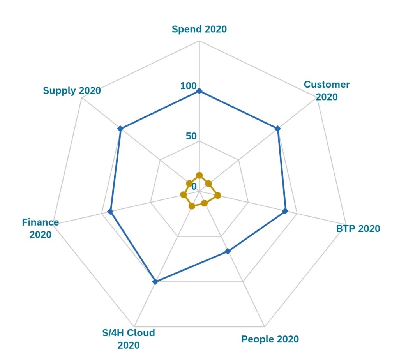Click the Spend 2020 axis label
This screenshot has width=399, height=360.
click(x=199, y=29)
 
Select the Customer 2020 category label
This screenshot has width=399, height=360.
click(x=327, y=90)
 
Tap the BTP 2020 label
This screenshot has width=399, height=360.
click(x=358, y=229)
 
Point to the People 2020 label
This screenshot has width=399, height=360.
click(x=270, y=339)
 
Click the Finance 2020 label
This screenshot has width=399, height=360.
click(x=41, y=229)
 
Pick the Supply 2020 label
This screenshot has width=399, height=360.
click(x=72, y=91)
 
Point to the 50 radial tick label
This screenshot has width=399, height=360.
click(x=191, y=136)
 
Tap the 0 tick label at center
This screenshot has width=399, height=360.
click(x=194, y=186)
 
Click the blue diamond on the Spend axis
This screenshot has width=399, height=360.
click(x=199, y=91)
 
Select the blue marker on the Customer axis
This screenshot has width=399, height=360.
click(x=277, y=128)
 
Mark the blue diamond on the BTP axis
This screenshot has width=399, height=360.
click(x=285, y=211)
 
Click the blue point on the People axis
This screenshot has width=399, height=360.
click(x=228, y=251)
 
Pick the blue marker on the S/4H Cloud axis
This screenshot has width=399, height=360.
click(x=155, y=281)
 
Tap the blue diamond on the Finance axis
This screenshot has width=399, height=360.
click(x=110, y=212)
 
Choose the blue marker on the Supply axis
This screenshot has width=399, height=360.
click(x=120, y=128)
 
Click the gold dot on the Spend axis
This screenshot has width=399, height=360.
click(x=199, y=175)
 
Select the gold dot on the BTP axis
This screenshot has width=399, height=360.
click(x=217, y=195)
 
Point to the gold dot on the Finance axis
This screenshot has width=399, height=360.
click(x=183, y=194)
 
